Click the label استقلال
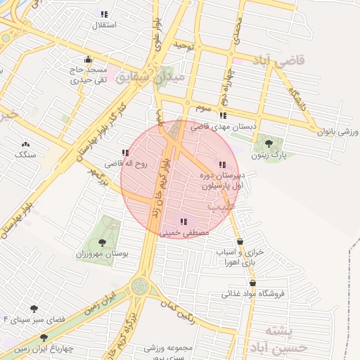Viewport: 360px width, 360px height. click(x=105, y=25)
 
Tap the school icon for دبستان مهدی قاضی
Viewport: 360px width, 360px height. click(x=223, y=115)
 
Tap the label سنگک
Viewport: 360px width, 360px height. click(x=25, y=153)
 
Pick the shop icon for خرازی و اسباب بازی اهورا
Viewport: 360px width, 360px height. click(x=240, y=242)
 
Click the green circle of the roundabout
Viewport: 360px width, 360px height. click(x=140, y=286)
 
